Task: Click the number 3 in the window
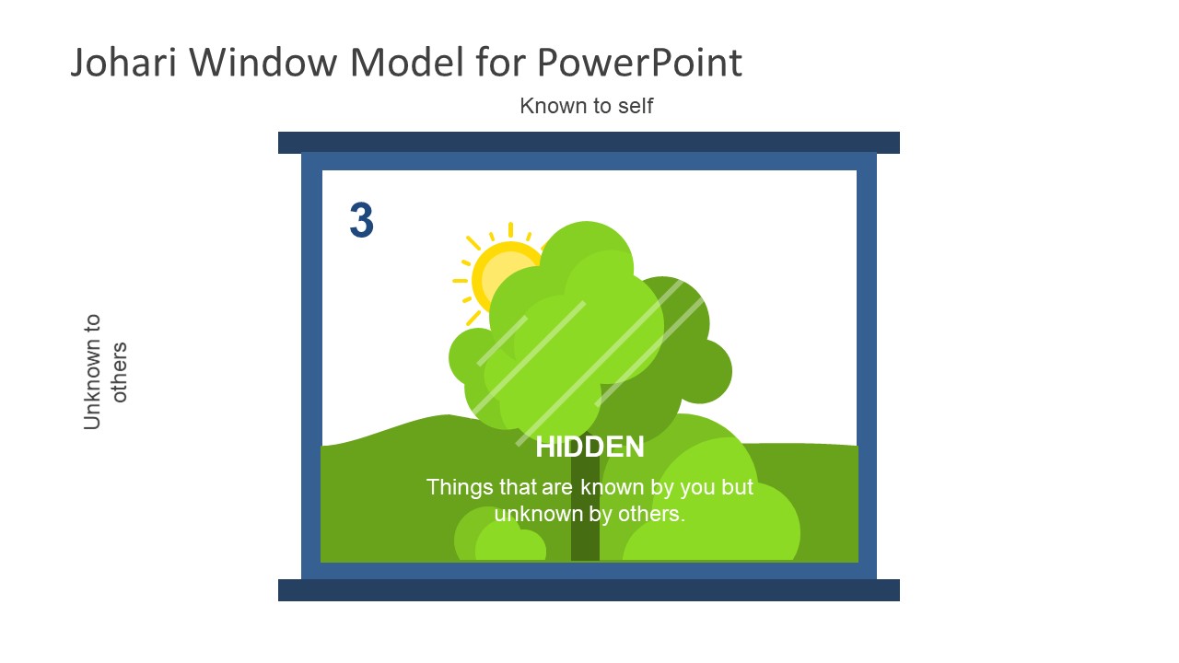(x=361, y=221)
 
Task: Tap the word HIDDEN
(x=589, y=448)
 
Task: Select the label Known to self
(x=586, y=106)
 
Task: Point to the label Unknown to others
(x=105, y=372)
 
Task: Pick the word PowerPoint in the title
(x=638, y=63)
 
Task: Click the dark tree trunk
(x=585, y=543)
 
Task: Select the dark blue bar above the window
(x=589, y=142)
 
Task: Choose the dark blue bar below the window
(x=589, y=590)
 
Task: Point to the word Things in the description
(x=458, y=487)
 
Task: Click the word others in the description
(x=652, y=514)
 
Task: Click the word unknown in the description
(x=535, y=514)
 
